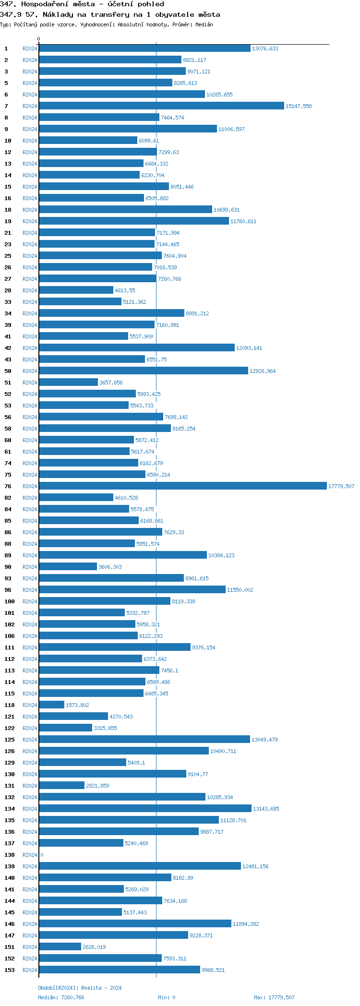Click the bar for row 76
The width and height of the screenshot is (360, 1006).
coord(182,486)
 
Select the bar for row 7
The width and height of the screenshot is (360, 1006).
coord(161,106)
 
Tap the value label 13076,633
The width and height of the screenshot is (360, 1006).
coord(265,48)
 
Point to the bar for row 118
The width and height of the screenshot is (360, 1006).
coord(51,705)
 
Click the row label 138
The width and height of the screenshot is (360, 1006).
coord(10,855)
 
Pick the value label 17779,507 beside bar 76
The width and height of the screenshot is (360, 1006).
coord(341,486)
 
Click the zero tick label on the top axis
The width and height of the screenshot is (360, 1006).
coord(39,39)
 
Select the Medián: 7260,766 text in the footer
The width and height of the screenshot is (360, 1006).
coord(61,997)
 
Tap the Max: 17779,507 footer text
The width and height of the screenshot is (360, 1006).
coord(274,997)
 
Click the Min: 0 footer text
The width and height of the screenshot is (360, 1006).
coord(167,997)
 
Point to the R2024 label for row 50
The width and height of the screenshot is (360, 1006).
coord(30,371)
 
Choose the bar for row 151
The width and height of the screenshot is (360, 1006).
coord(60,947)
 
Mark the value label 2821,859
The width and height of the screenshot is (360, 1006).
coord(97,786)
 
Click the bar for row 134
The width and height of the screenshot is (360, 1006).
coord(145,809)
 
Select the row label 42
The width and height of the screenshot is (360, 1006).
coord(8,348)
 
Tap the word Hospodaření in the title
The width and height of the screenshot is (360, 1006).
coord(45,4)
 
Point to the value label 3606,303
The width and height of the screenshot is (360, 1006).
coord(110,567)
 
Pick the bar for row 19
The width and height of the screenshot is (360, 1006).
coord(134,221)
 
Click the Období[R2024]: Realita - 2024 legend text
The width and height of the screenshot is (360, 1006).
coord(80,988)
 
